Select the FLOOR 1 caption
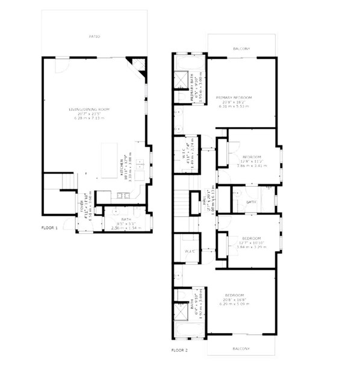(x=49, y=228)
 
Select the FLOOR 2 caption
(x=179, y=349)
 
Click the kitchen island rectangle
(x=109, y=161)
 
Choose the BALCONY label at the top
(x=241, y=49)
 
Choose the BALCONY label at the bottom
(x=241, y=349)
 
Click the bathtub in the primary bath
(x=190, y=64)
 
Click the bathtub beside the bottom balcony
(x=190, y=329)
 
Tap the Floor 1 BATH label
(x=126, y=219)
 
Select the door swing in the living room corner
(x=61, y=66)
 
